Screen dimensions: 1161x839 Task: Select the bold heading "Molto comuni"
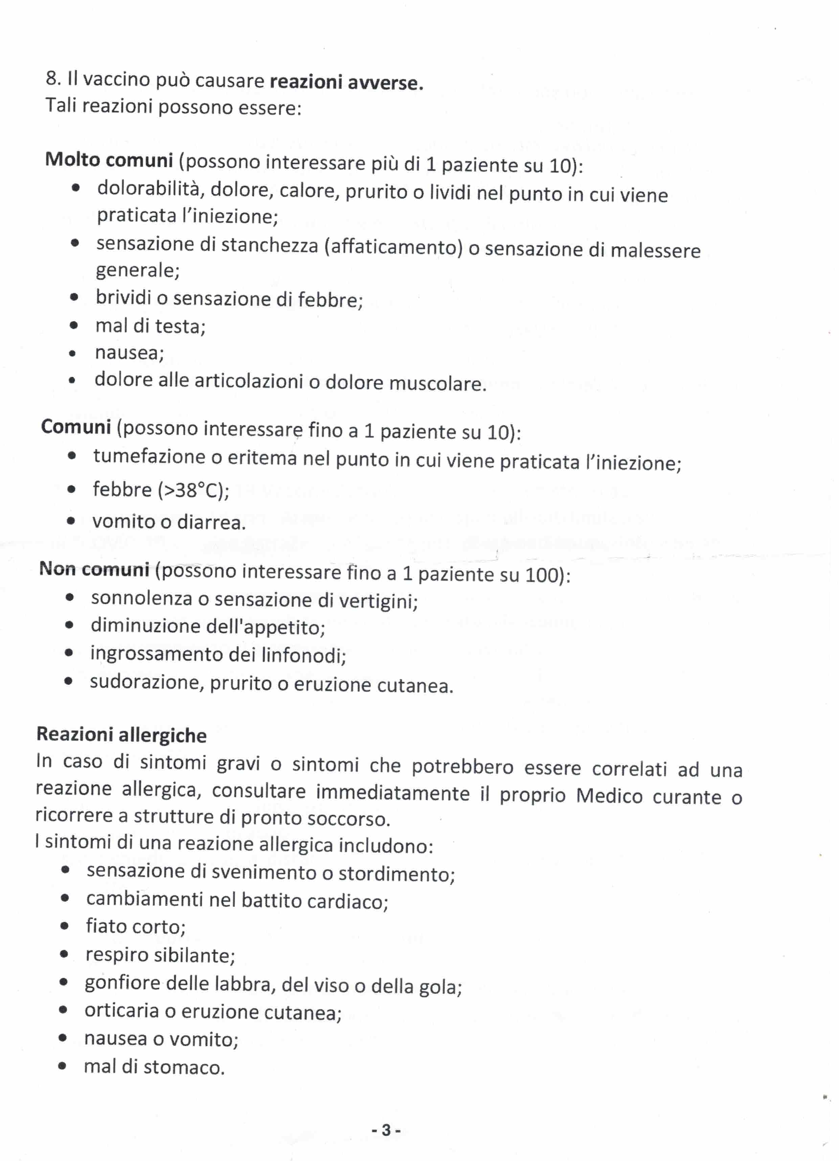coord(109,160)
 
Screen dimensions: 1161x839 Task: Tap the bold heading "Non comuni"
coord(94,569)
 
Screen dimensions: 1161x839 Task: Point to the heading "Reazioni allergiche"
coord(121,735)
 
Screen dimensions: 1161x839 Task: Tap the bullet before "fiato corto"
coord(65,926)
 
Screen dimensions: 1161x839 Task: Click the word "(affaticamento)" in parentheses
coord(393,247)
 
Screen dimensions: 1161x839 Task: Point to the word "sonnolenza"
coord(141,598)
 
